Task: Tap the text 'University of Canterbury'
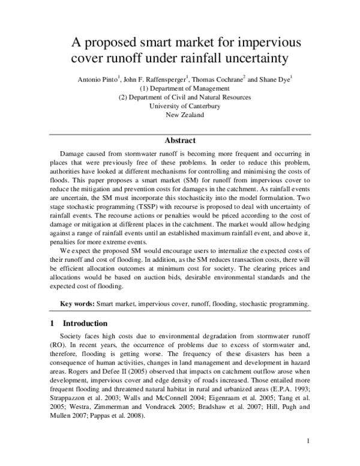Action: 180,106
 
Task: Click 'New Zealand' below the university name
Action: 180,115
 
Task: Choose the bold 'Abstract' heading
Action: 180,141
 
